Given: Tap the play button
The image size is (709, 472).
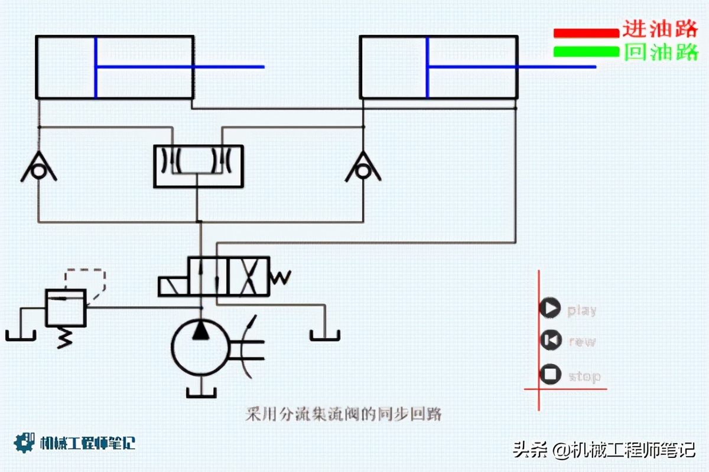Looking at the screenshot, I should coord(550,308).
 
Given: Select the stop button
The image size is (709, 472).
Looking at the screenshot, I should coord(550,374).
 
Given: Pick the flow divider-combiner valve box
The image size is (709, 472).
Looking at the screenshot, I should coord(198,166).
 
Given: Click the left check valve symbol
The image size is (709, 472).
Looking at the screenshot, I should coord(39,168).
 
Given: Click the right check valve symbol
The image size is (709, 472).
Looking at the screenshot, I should coord(363,168).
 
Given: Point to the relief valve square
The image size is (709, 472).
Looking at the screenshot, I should coord(66,307).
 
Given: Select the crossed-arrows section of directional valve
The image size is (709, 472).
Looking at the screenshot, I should coord(248,276).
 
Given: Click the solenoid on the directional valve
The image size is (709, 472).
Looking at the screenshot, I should coord(173,286).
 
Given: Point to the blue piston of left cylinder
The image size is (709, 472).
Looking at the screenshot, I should coord(96,67).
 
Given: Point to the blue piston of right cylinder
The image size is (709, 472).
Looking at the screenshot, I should coord(427,67).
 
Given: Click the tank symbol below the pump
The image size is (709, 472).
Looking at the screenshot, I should coord(201,392).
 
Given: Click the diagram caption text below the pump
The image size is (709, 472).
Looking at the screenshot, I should coord(343,414).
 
